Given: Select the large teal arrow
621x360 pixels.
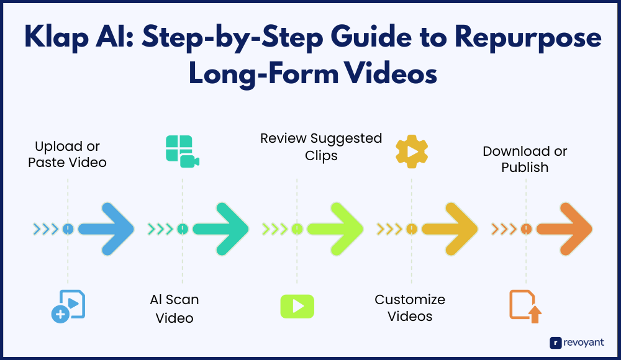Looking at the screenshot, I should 221,229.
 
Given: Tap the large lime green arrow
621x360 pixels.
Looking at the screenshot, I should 335,229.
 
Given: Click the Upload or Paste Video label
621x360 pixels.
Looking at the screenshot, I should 68,155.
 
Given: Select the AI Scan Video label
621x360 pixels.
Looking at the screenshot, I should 175,308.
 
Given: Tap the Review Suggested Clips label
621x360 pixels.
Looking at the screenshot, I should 321,146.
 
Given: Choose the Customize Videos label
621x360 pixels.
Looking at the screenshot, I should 410,308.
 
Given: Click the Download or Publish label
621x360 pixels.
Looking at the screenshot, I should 525,159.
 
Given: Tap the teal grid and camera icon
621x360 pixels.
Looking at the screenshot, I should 182,151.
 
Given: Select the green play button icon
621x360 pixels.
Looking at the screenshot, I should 297,306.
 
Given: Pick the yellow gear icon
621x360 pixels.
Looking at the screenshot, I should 412,151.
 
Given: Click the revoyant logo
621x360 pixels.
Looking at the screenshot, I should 577,342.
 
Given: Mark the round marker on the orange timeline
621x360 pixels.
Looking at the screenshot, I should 526,229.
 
